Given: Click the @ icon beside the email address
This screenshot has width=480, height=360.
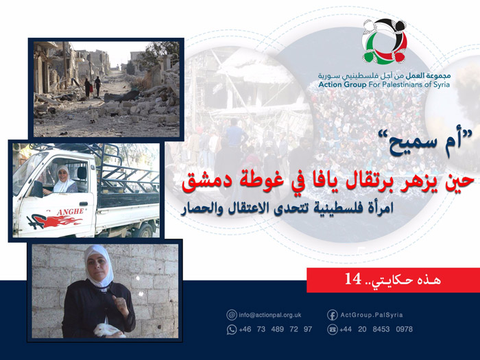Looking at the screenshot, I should (x=232, y=315).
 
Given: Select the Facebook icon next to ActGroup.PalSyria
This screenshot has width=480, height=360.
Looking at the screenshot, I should (x=332, y=315).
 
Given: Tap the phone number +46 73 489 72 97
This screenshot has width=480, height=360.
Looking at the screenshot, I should (x=275, y=329).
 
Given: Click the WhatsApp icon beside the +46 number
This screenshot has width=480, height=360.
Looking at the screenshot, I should (x=232, y=329).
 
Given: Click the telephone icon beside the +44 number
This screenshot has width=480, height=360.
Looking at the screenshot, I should (x=332, y=329).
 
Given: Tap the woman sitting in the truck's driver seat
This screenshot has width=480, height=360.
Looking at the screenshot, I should (x=64, y=180).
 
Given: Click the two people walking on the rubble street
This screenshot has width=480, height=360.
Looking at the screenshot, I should (x=92, y=86).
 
